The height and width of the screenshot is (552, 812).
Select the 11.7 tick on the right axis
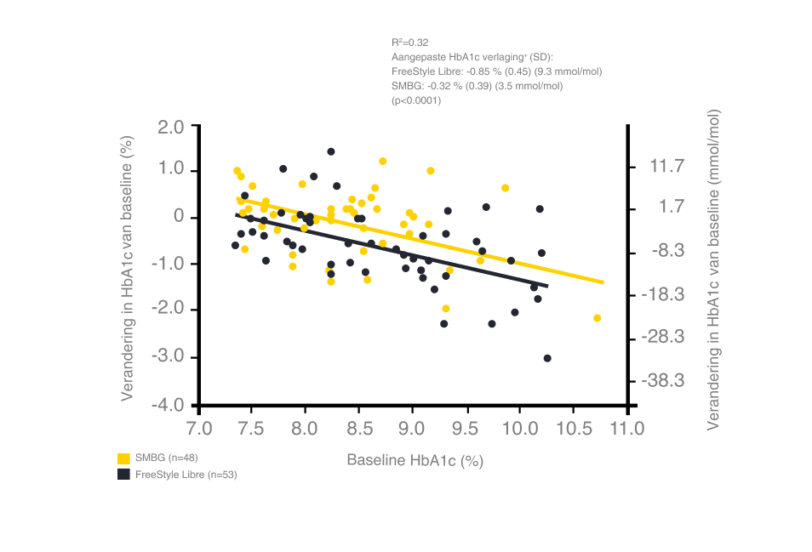pyautogui.click(x=666, y=167)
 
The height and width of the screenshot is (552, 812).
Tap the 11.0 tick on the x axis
pyautogui.click(x=627, y=428)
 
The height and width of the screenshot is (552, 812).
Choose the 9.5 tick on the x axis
pyautogui.click(x=465, y=428)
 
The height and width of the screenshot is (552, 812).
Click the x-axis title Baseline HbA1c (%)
pyautogui.click(x=415, y=461)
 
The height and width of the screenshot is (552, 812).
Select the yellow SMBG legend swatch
pyautogui.click(x=124, y=458)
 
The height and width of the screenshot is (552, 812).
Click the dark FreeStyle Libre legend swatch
pyautogui.click(x=124, y=475)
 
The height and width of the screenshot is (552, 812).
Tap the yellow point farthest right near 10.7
pyautogui.click(x=598, y=317)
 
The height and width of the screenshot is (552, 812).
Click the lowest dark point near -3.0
pyautogui.click(x=547, y=358)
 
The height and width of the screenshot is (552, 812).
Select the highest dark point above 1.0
pyautogui.click(x=330, y=151)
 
